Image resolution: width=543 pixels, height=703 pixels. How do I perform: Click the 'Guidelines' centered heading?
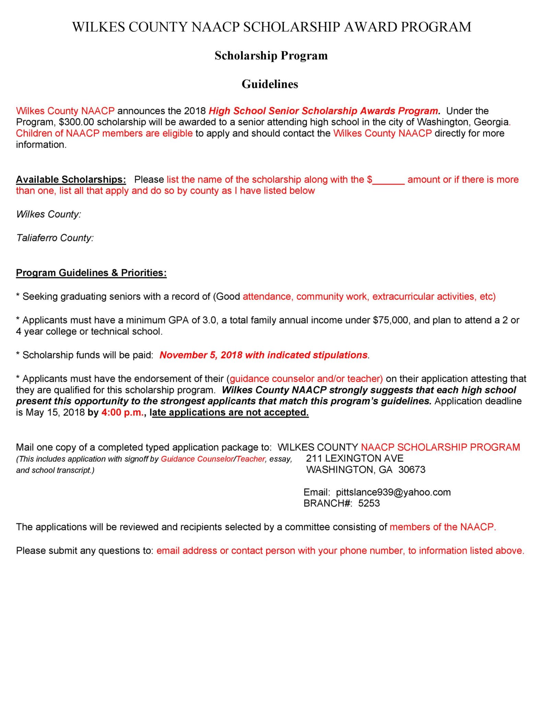(270, 84)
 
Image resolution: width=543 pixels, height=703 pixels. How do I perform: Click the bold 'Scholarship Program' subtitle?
(271, 56)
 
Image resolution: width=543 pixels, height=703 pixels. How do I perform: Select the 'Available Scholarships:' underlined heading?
(71, 180)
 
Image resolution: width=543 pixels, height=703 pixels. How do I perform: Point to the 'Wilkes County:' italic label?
(49, 214)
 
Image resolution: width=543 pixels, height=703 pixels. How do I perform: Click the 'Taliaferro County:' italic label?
(55, 238)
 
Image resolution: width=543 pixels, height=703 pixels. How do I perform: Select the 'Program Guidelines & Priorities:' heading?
(91, 273)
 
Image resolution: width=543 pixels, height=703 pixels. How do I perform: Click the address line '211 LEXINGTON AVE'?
(355, 458)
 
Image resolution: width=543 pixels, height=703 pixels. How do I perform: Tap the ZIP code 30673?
(412, 470)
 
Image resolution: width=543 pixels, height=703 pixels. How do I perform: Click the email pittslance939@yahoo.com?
(393, 492)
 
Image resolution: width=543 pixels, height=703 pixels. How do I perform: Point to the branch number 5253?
(369, 503)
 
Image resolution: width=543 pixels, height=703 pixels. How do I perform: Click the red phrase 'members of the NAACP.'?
(442, 527)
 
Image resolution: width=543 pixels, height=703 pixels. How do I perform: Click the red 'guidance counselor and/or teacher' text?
(306, 379)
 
